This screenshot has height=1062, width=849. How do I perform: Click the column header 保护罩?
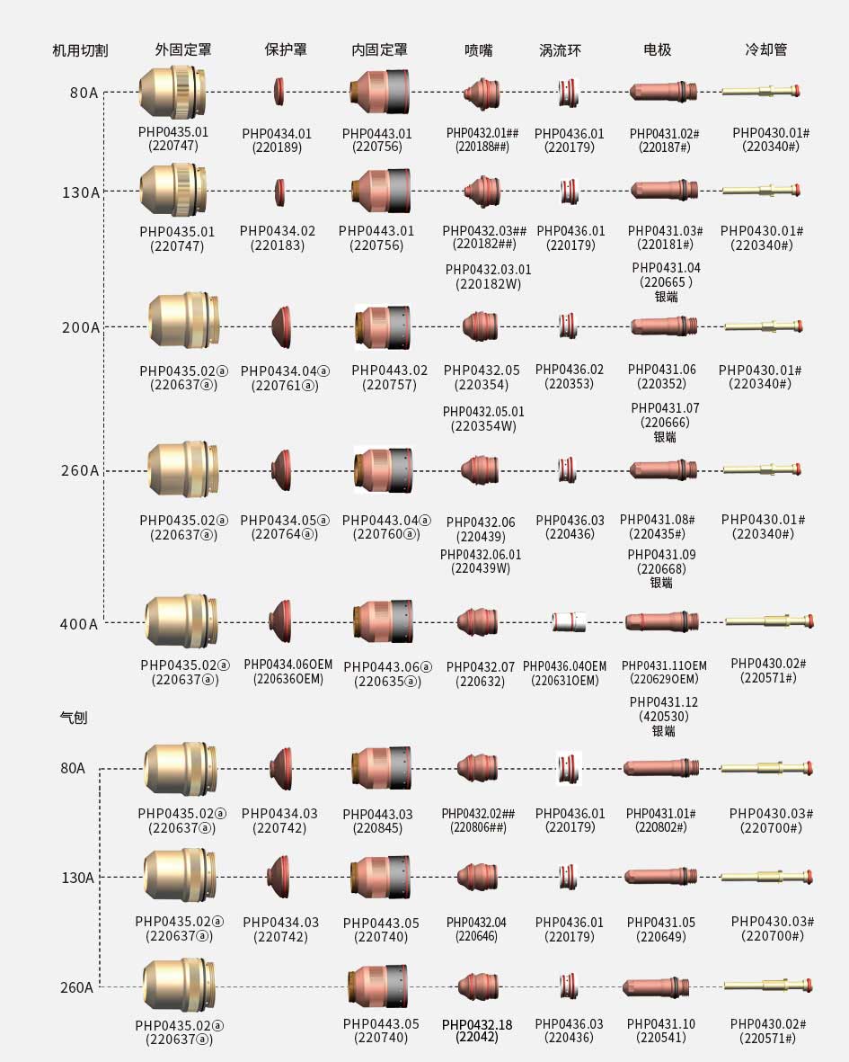tap(286, 49)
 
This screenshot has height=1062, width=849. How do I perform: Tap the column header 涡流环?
tap(560, 50)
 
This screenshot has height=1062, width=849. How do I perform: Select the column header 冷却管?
tap(765, 49)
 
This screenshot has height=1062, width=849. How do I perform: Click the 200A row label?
tap(80, 327)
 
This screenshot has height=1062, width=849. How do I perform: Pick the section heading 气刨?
tap(73, 718)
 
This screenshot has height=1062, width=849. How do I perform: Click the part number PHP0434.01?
tap(277, 133)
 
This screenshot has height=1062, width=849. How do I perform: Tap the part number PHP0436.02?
tap(570, 369)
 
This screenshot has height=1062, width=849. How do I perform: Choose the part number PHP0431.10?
tap(660, 1023)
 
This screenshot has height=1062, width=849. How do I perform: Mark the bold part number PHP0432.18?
tap(477, 1023)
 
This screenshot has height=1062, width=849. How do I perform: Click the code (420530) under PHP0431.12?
tap(663, 717)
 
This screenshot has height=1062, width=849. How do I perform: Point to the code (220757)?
tap(389, 385)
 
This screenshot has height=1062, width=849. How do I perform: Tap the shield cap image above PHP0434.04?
tap(280, 326)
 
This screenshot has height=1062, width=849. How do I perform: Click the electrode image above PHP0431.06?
tap(663, 326)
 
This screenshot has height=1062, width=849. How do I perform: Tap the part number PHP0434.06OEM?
tap(287, 664)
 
